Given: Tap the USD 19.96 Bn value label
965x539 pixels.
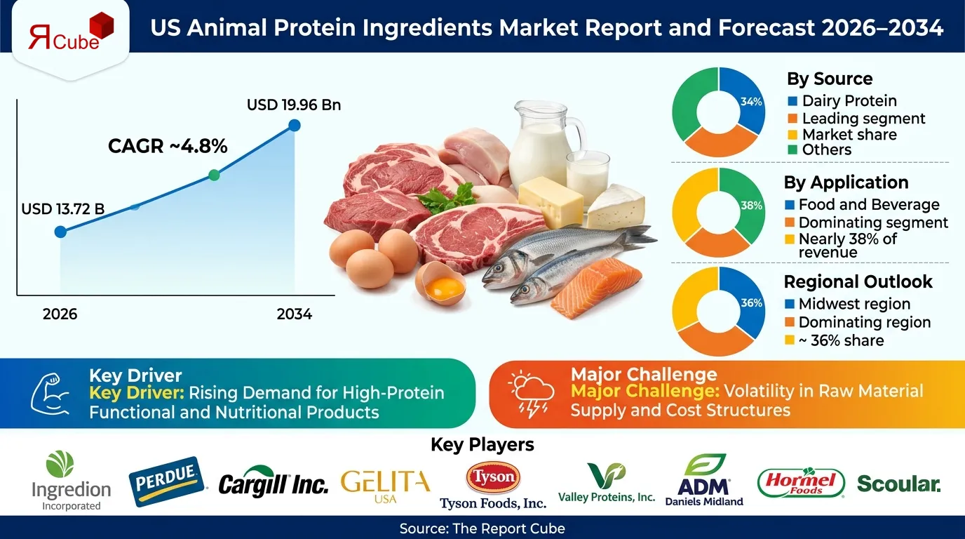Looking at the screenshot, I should click(x=294, y=105).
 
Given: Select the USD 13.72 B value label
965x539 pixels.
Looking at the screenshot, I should click(x=63, y=209).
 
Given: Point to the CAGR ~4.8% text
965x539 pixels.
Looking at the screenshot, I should click(x=168, y=146).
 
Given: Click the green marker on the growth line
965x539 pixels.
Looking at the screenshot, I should click(x=215, y=175).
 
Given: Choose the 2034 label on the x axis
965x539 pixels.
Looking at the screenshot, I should click(x=294, y=314).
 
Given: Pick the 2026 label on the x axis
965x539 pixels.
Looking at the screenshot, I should click(x=60, y=314).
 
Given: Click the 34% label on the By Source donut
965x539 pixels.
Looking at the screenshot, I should click(x=751, y=102).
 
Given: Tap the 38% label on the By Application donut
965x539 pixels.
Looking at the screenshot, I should click(x=751, y=206).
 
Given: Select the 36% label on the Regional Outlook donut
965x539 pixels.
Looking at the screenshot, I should click(x=751, y=303).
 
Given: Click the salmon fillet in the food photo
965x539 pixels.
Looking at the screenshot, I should click(x=596, y=287).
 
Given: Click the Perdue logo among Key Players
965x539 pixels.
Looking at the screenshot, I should click(x=167, y=482).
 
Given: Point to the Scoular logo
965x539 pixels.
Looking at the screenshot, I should click(x=898, y=484).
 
